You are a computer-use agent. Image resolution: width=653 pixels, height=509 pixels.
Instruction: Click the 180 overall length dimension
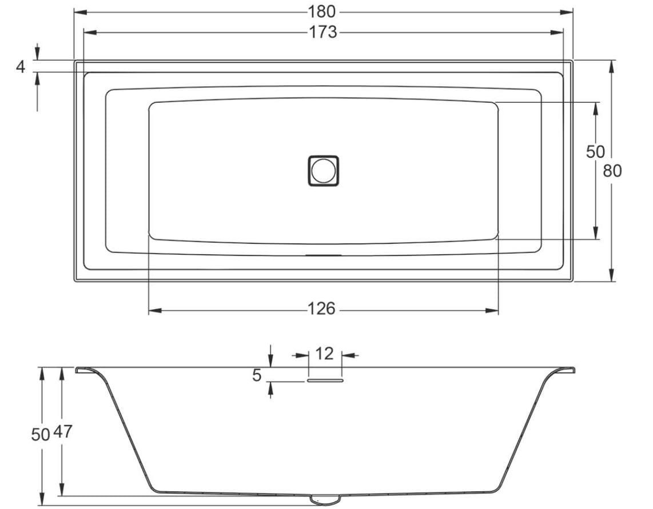click(321, 11)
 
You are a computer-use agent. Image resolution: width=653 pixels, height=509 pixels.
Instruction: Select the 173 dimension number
click(322, 32)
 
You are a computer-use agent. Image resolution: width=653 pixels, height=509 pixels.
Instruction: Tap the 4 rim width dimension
click(21, 67)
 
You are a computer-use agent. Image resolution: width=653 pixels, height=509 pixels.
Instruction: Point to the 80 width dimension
click(612, 170)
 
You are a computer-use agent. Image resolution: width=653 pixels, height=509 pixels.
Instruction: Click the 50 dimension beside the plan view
click(595, 151)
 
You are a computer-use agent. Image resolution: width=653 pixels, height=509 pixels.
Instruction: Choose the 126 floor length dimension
click(321, 309)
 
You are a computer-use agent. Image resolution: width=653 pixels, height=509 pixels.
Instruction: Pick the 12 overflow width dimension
click(324, 354)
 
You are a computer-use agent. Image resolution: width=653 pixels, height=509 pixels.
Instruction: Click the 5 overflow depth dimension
click(257, 375)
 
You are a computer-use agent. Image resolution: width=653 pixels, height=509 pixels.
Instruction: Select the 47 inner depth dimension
click(62, 431)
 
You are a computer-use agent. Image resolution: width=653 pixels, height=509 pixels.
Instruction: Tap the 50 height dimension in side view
click(41, 435)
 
